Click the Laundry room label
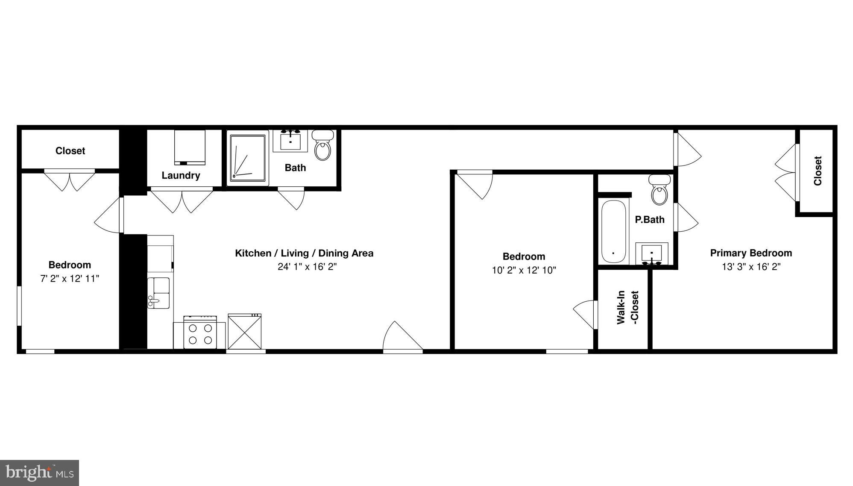181,175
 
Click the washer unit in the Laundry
190,147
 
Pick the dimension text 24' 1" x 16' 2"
307,267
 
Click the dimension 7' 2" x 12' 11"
70,279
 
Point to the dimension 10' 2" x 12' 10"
524,270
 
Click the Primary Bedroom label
750,253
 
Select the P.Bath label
649,220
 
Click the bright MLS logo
40,473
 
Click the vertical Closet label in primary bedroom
818,171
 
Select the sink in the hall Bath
290,140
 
